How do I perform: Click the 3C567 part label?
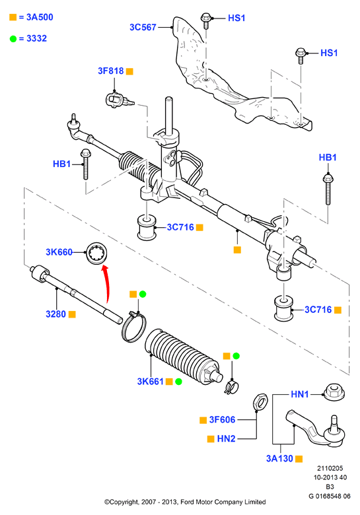pos(143,27)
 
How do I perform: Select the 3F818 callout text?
pos(111,71)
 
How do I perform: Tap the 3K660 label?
pos(59,252)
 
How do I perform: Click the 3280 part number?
pos(56,314)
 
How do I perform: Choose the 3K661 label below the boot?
pos(150,382)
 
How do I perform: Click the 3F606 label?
pos(222,420)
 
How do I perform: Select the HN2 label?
pos(226,438)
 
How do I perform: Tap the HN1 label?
pos(300,394)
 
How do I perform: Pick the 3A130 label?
pos(279,458)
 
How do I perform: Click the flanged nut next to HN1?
pos(334,392)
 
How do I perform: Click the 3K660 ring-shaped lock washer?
pos(97,252)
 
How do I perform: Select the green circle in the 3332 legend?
pos(13,39)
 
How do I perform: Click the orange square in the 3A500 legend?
pos(13,17)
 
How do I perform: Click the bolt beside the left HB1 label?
pos(86,164)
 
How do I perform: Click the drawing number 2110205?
pos(330,468)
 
